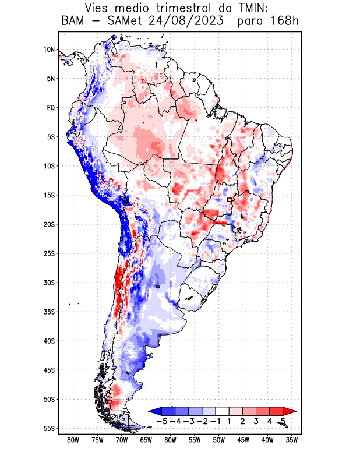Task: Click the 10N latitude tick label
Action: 49,50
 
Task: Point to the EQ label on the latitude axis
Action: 51,108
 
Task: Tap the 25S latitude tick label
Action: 49,253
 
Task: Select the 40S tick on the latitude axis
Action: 49,341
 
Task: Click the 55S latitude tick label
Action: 49,428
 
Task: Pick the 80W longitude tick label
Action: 73,440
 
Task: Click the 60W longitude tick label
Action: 170,440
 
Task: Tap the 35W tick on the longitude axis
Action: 292,440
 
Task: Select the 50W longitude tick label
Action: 218,440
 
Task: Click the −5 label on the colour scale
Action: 161,421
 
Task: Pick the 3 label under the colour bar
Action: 256,421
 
